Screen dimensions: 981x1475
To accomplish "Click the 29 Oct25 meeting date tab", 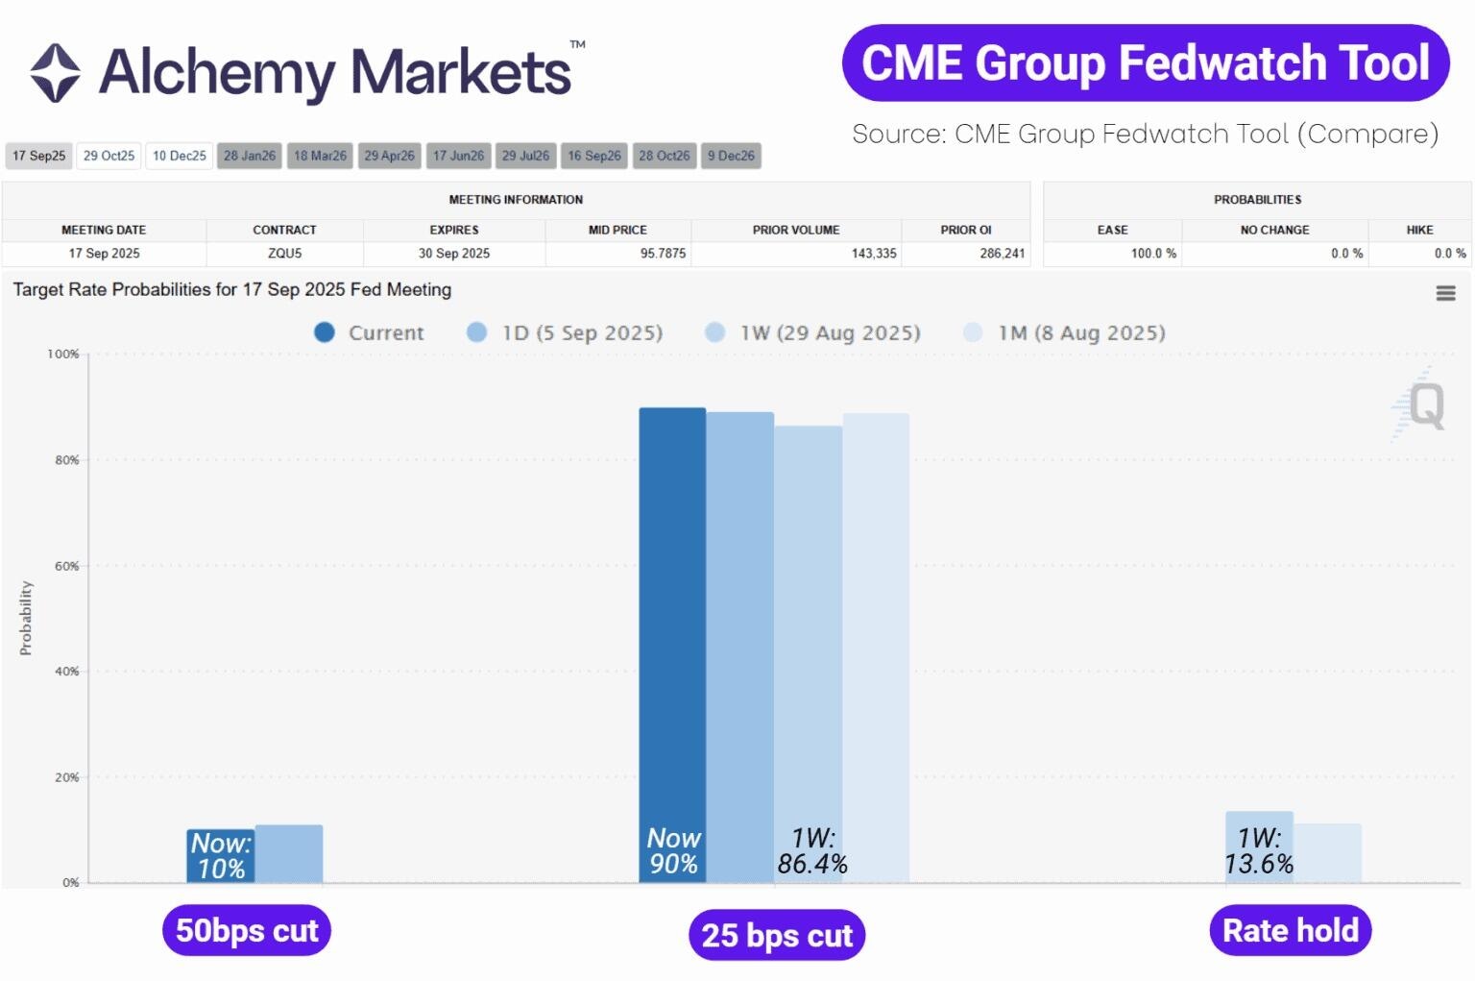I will coord(109,156).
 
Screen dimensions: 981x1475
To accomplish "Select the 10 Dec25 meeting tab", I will coord(180,156).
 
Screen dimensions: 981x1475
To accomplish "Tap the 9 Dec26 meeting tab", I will coord(731,156).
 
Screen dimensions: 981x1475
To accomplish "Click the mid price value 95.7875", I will coord(663,254).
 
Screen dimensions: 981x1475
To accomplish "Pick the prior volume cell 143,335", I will coord(873,254).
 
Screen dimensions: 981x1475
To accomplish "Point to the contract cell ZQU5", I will coord(284,254).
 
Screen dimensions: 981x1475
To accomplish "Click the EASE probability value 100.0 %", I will coord(1153,254).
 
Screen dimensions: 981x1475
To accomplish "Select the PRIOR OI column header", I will coord(965,230).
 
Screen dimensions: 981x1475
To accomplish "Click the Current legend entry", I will coord(369,332).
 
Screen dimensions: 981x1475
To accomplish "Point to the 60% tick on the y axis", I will coord(66,566).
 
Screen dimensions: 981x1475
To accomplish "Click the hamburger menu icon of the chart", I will coord(1445,293).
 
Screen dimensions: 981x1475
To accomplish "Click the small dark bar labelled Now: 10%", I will coord(220,855).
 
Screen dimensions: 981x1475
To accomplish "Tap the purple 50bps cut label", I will coord(247,930).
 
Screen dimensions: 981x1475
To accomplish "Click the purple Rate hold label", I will coord(1290,930).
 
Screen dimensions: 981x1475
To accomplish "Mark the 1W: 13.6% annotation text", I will coord(1258,851).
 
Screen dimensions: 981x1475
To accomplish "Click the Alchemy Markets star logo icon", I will coord(55,73).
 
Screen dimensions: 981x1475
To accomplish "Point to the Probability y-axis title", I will coord(26,618).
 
